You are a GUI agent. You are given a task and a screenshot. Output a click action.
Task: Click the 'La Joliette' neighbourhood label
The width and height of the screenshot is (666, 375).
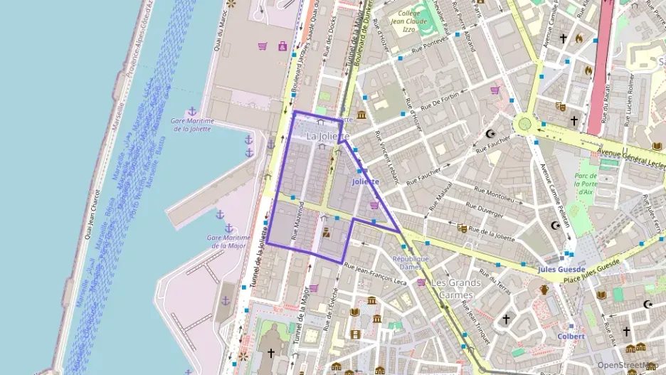click(x=327, y=136)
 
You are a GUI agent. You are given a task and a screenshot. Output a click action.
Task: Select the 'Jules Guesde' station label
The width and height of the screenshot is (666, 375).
click(x=561, y=270)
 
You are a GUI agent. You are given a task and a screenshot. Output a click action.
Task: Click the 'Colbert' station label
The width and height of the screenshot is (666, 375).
click(x=571, y=336)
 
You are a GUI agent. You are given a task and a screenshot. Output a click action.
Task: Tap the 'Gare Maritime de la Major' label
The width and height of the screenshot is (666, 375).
click(x=228, y=241)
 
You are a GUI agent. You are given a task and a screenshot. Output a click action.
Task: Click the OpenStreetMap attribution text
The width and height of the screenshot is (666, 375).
click(x=627, y=365)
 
